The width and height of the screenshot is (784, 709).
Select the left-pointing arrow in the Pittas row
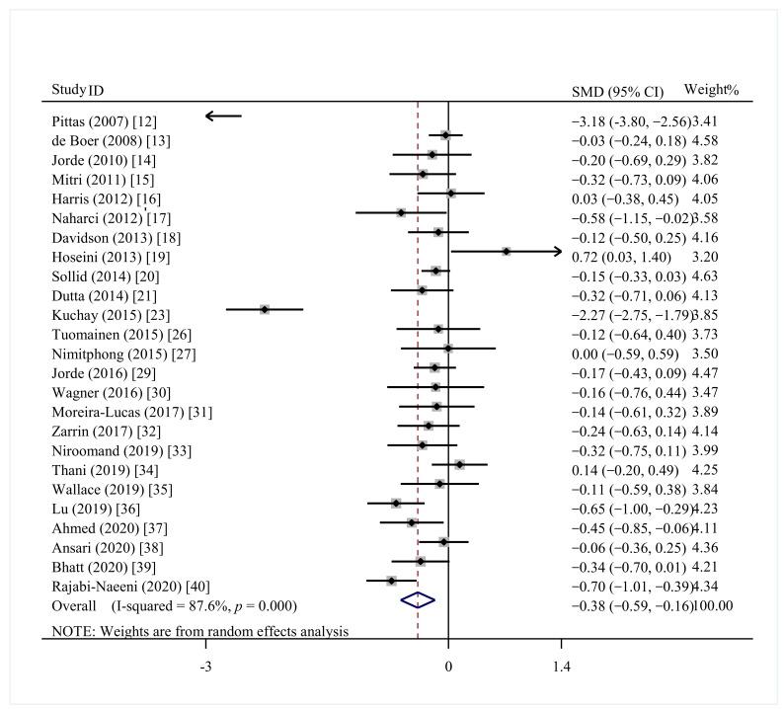(x=222, y=117)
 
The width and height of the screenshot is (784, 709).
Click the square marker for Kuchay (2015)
(x=265, y=309)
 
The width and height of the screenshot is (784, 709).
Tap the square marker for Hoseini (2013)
(x=506, y=252)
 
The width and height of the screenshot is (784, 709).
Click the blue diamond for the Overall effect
(x=417, y=599)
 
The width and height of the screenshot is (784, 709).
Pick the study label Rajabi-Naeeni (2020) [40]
(x=130, y=586)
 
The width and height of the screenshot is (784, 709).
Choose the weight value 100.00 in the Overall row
(x=713, y=604)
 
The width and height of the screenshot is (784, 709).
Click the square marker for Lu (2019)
(x=396, y=503)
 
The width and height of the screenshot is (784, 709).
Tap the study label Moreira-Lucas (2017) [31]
(x=131, y=411)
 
